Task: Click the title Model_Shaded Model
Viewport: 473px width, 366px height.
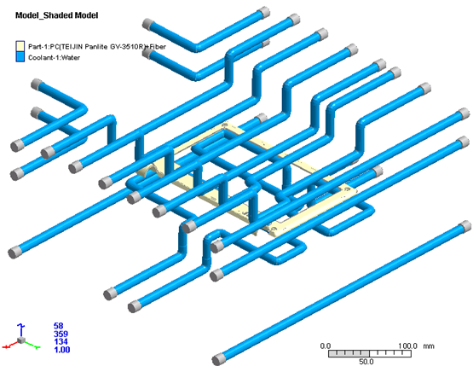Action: point(57,15)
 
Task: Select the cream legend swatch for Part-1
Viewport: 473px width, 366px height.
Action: point(20,46)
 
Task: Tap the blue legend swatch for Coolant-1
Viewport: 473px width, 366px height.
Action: point(20,57)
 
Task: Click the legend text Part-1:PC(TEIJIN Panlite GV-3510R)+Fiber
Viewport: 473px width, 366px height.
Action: point(97,47)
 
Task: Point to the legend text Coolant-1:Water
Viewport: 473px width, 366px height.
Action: point(54,57)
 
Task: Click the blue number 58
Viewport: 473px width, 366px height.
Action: point(59,326)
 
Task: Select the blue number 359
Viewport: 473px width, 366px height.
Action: point(61,334)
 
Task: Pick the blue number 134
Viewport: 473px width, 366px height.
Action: point(61,341)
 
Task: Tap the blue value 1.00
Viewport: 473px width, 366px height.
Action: point(62,350)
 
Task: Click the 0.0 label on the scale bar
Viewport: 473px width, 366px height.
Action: point(326,346)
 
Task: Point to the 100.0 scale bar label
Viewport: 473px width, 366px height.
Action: point(408,346)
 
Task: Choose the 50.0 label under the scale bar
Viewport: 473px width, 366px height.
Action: point(366,362)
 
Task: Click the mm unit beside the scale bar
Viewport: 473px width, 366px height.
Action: point(429,346)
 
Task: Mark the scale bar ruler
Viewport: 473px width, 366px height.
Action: point(370,353)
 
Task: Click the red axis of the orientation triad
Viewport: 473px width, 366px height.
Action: point(11,345)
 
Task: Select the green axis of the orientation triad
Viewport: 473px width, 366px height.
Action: point(32,345)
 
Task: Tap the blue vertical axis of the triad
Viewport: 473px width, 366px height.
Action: point(20,330)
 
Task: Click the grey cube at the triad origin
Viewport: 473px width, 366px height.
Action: point(20,340)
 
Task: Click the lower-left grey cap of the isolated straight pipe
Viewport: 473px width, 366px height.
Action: point(218,359)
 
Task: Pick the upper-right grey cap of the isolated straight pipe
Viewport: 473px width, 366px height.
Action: point(464,226)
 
